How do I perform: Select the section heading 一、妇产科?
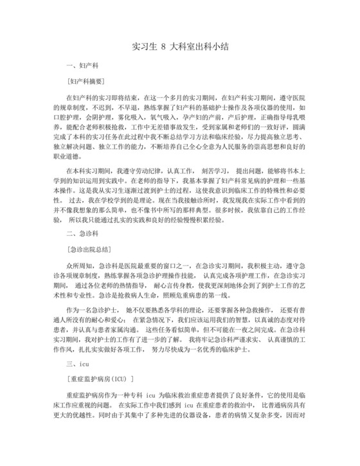82,66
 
